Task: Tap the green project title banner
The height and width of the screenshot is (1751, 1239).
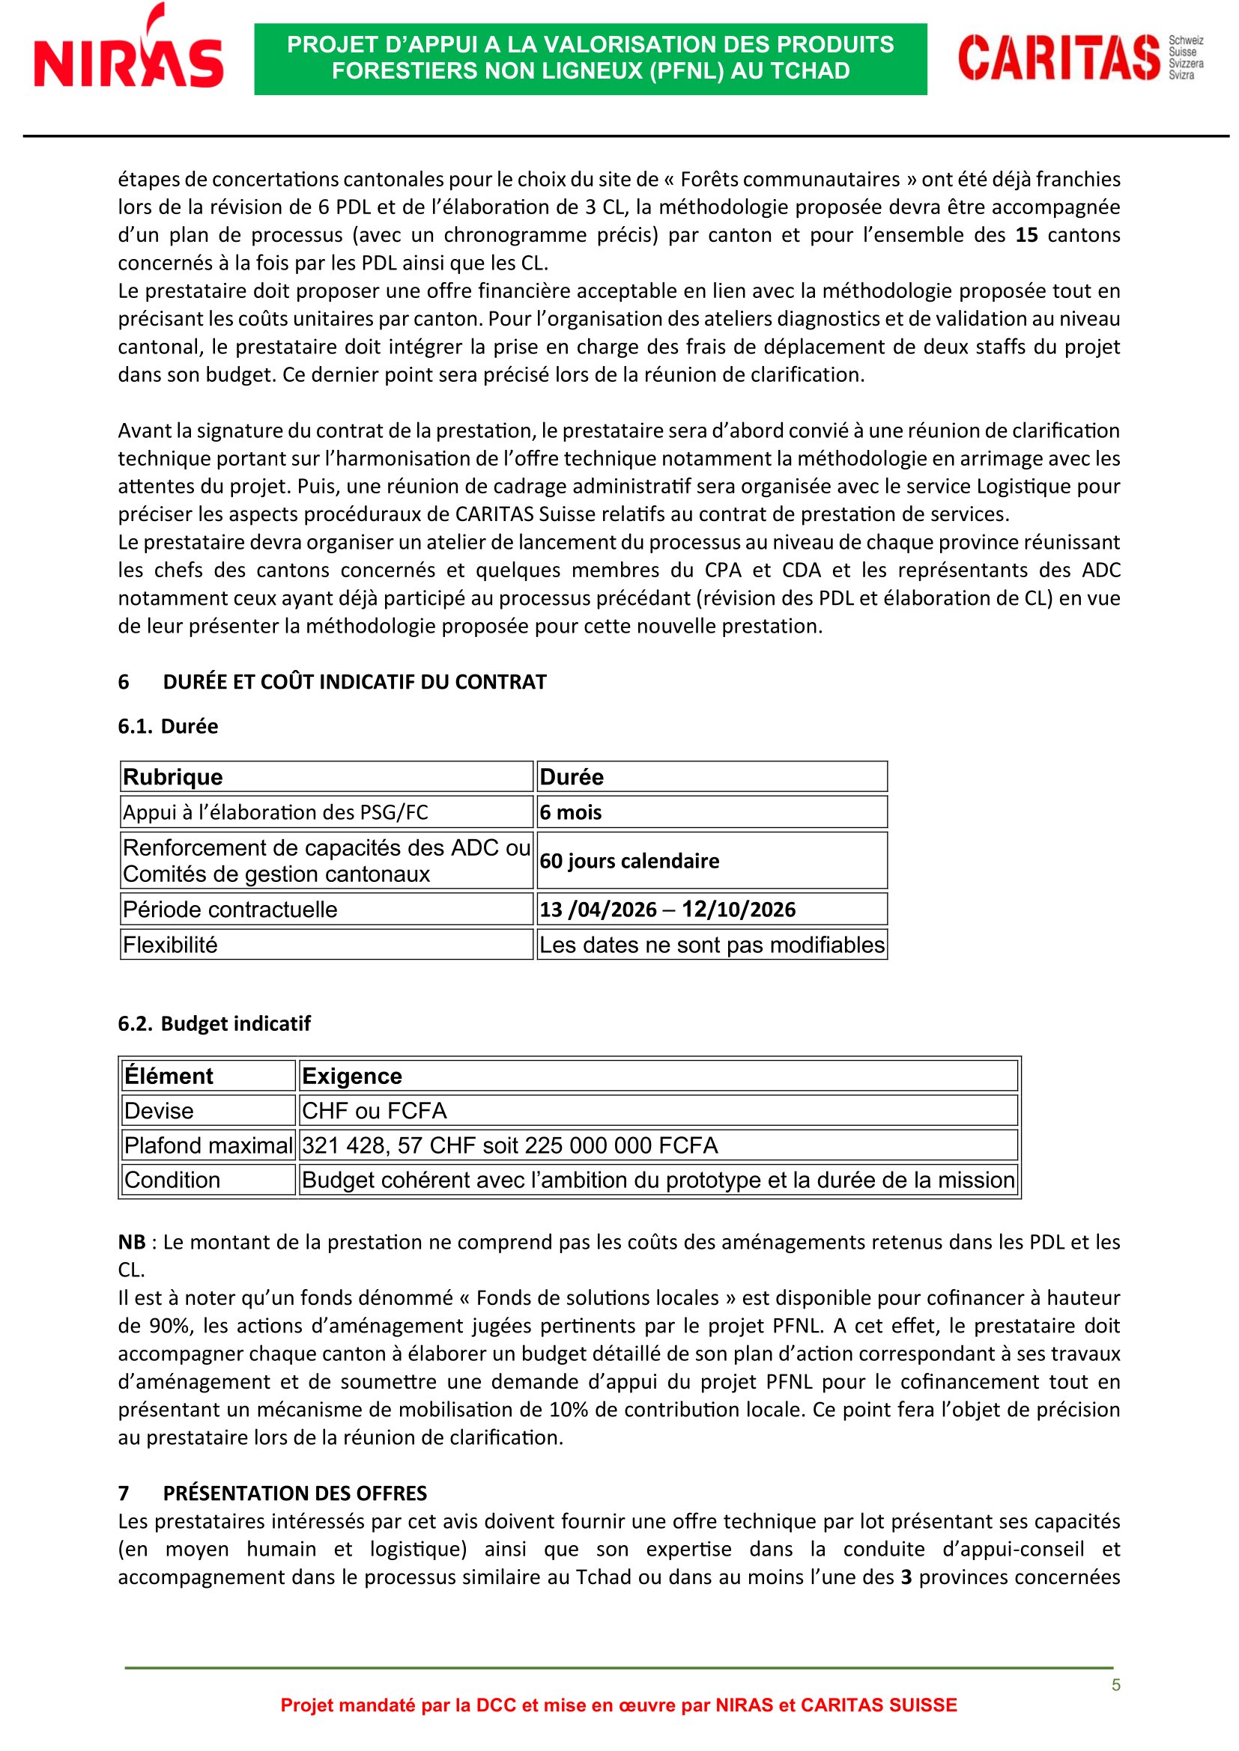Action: tap(590, 58)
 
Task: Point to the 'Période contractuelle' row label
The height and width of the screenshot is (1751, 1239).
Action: tap(230, 909)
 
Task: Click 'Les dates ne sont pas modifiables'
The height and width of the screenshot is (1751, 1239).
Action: tap(711, 945)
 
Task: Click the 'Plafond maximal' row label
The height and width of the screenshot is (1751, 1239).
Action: tap(208, 1145)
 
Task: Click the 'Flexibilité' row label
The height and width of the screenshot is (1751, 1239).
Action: tap(170, 945)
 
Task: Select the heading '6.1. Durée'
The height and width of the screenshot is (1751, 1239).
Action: tap(168, 726)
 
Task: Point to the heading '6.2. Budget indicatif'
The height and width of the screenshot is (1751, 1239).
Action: tap(214, 1023)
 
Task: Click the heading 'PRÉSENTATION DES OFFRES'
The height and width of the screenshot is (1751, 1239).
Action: tap(294, 1493)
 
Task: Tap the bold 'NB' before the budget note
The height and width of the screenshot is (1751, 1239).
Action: tap(132, 1243)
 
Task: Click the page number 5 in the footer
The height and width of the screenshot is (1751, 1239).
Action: tap(1115, 1685)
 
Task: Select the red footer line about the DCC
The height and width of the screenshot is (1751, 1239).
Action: tap(619, 1705)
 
